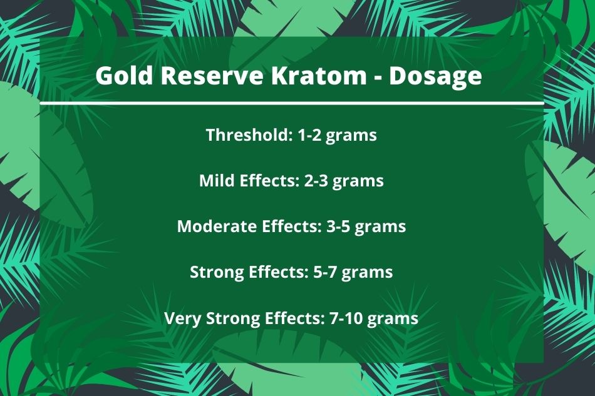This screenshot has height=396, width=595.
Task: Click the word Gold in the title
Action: [x=124, y=75]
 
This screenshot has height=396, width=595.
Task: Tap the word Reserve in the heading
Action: [x=212, y=76]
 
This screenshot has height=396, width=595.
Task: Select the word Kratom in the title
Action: [x=318, y=76]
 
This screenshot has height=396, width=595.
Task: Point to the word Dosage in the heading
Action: [x=435, y=77]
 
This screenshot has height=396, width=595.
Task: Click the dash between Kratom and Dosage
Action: [x=377, y=78]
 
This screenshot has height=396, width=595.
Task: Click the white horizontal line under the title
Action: [x=291, y=103]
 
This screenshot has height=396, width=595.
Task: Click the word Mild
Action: [x=216, y=180]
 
